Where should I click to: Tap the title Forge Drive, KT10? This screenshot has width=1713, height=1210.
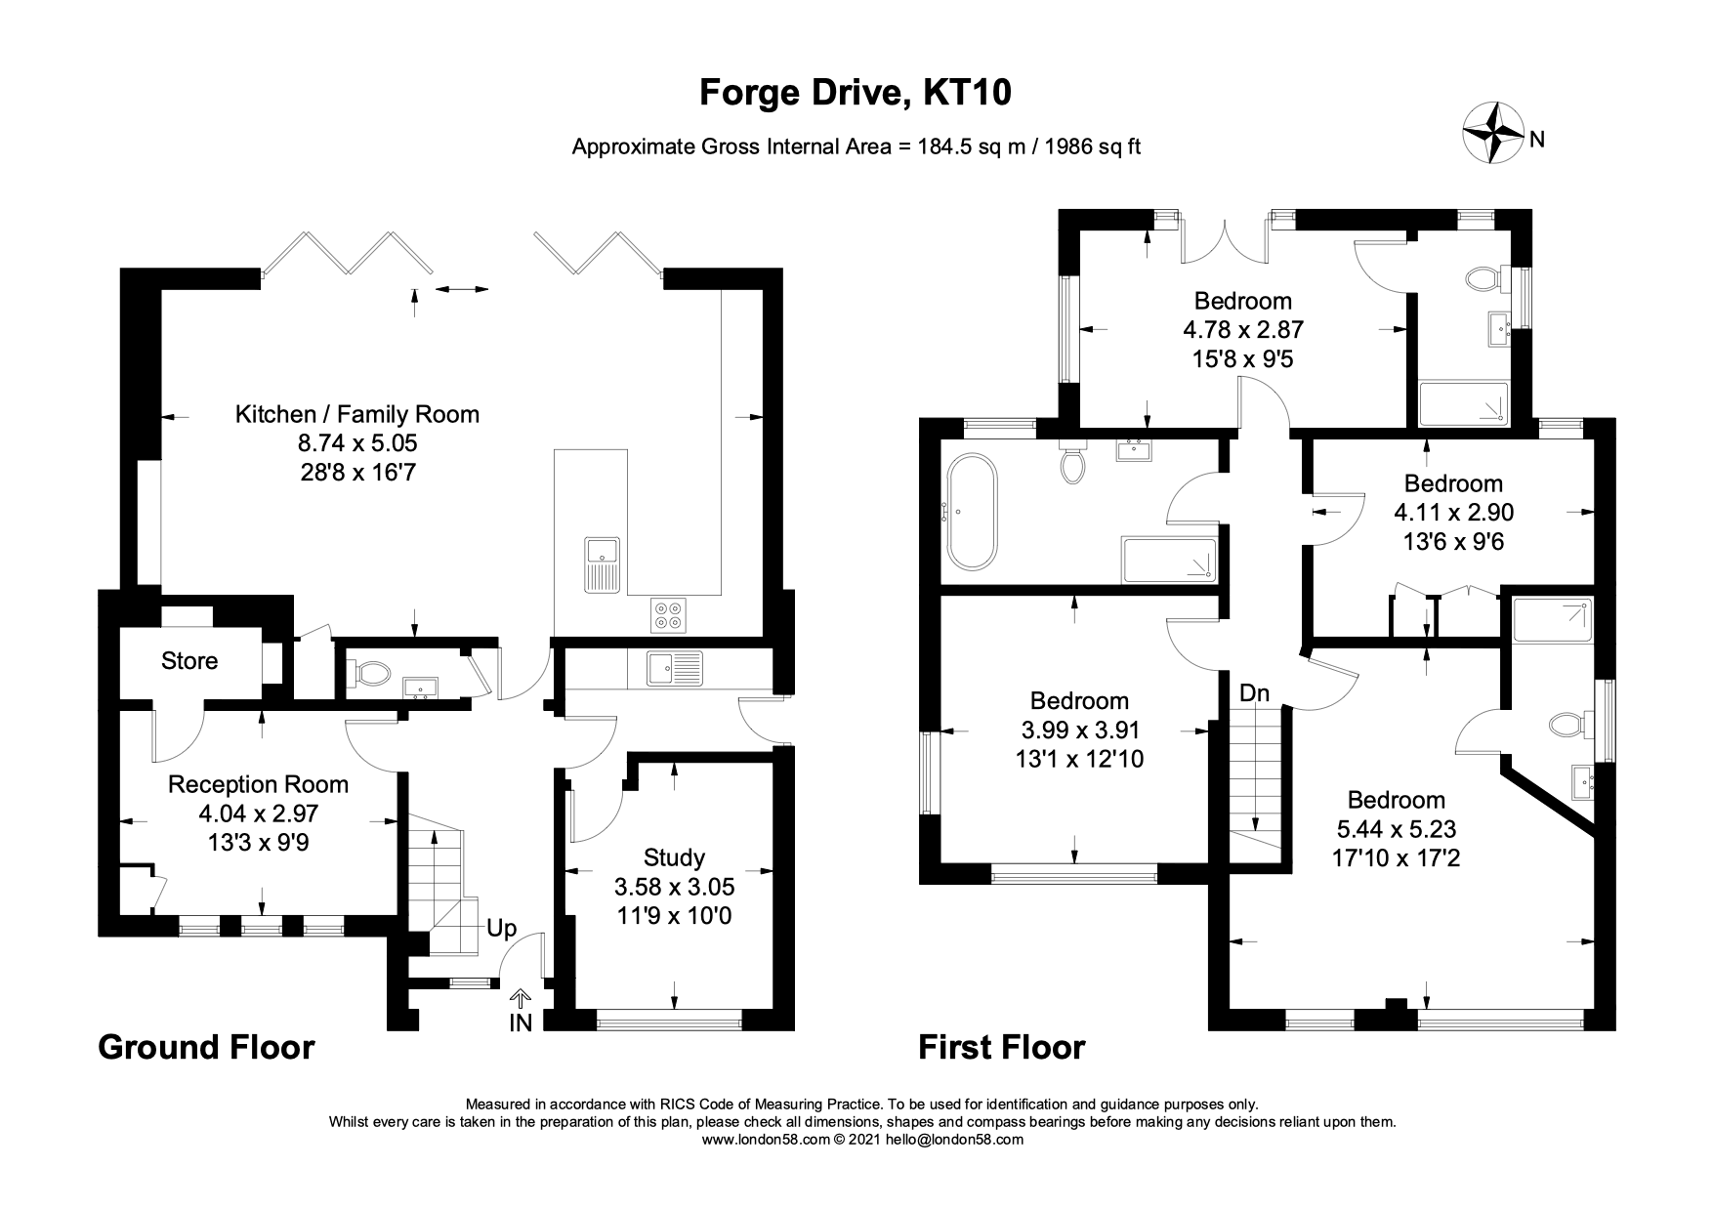point(856,93)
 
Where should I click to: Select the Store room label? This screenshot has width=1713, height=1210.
point(189,661)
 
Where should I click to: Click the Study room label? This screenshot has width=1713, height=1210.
point(674,857)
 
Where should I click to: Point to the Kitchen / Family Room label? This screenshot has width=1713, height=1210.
point(357,414)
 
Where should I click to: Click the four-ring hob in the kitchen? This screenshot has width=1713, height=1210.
point(669,614)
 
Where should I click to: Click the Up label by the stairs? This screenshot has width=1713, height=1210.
point(502,928)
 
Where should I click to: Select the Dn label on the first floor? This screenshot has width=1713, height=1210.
point(1255,693)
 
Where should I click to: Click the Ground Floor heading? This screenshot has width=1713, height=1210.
point(207,1047)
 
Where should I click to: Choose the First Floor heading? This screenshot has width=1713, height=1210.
point(1002,1047)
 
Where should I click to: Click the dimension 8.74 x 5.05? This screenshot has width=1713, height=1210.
point(357,443)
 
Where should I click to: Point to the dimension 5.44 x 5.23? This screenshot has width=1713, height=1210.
point(1397,829)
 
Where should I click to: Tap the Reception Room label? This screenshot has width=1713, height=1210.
point(259,784)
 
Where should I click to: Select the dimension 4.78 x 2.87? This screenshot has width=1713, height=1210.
point(1243,330)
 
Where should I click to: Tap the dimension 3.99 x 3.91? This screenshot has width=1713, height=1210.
point(1079,730)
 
